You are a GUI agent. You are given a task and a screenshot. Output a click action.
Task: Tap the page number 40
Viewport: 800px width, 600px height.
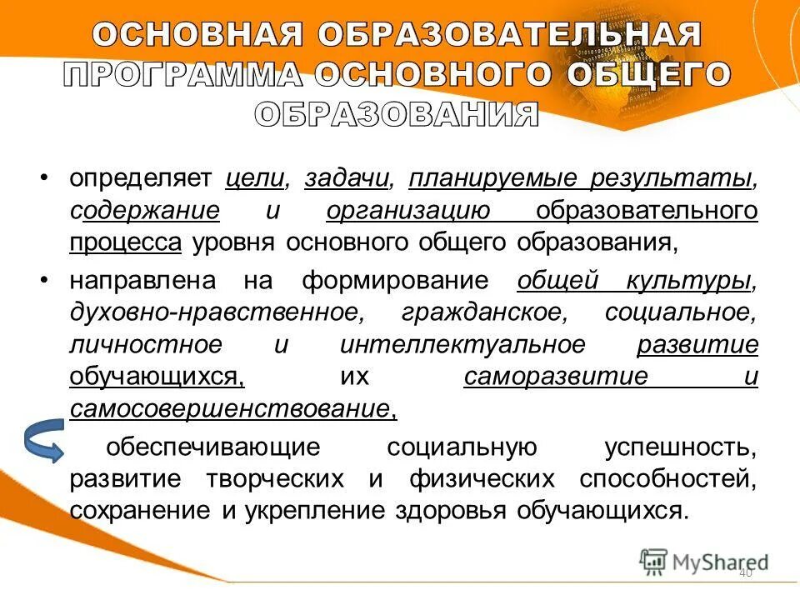tap(745, 573)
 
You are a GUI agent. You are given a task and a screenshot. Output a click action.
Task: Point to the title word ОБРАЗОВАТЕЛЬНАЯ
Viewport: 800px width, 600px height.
tap(508, 35)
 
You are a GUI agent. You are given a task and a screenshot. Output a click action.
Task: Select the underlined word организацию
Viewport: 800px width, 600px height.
tap(408, 210)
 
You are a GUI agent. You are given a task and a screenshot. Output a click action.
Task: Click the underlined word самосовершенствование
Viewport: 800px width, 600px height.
tap(229, 408)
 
